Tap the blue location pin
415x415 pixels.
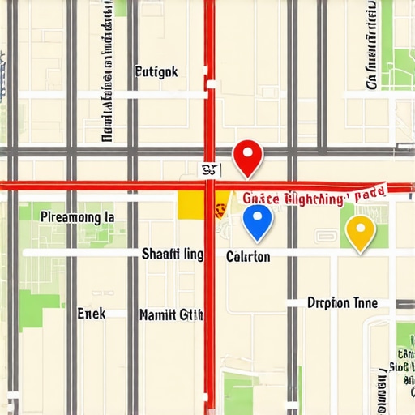coord(257,220)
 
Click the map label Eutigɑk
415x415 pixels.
coord(155,71)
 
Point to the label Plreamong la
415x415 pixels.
coord(77,217)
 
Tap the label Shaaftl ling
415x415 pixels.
coord(172,254)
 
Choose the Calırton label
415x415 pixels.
coord(248,256)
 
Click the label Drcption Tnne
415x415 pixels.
coord(342,303)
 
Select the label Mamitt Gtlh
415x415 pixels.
coord(171,314)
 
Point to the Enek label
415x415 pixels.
coord(91,313)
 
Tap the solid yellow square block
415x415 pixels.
coord(191,206)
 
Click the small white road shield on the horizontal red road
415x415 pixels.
coord(210,169)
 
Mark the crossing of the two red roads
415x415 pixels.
coord(209,186)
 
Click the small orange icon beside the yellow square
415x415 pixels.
coord(219,209)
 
